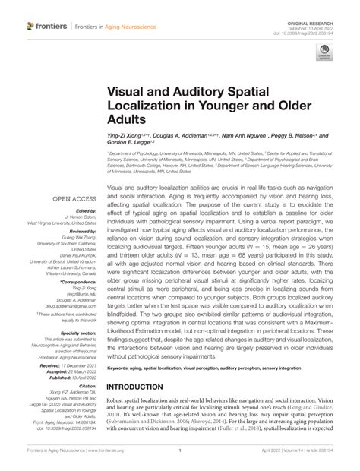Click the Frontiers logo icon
[x=30, y=26]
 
